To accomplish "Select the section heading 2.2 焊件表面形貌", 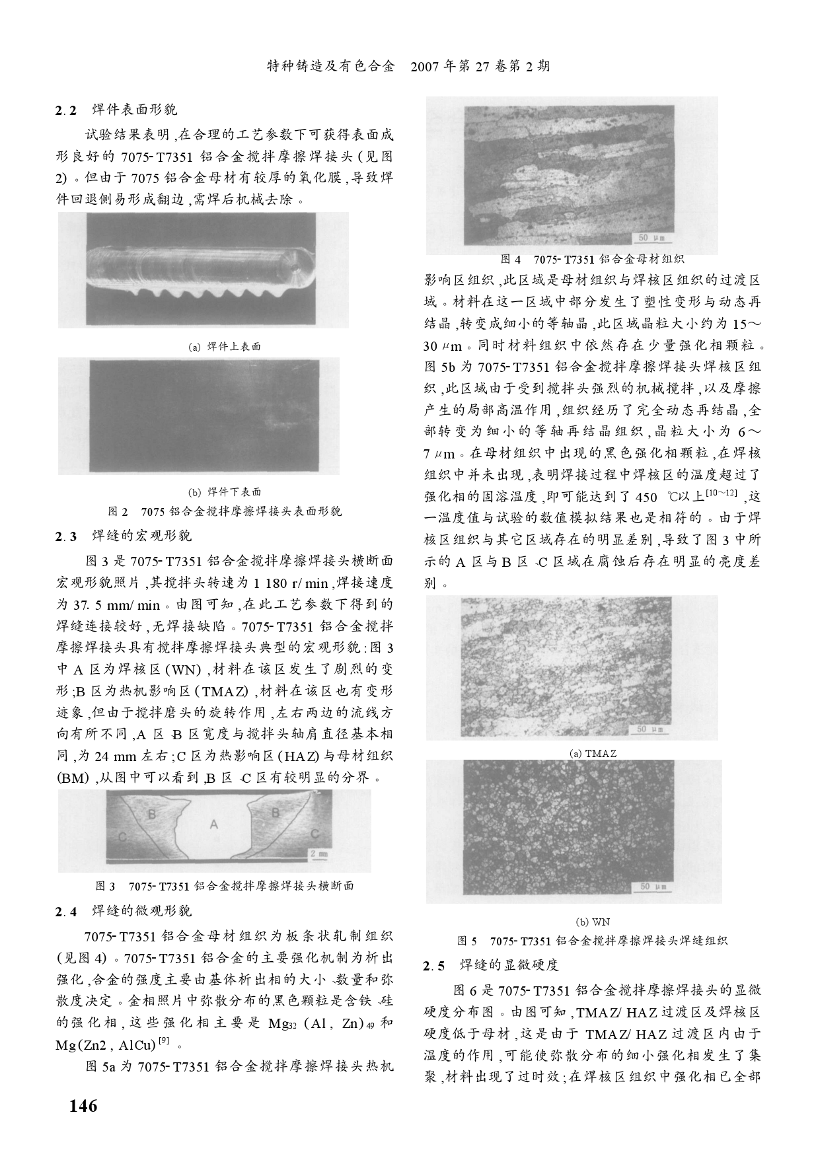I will point(116,109).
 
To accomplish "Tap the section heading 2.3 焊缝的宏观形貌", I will point(124,535).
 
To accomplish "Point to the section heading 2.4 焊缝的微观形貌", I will point(124,911).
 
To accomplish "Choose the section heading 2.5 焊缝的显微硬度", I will point(491,965).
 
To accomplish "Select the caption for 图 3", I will point(225,886).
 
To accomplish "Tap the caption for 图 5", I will point(592,941).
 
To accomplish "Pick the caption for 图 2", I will point(225,512).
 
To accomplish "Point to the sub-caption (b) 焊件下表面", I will point(225,492).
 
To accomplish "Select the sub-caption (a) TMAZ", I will point(592,753).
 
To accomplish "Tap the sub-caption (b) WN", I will point(592,922).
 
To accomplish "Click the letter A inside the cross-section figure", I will point(213,824).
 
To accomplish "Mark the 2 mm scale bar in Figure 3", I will point(318,854).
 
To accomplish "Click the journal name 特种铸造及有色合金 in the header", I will point(330,67).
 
